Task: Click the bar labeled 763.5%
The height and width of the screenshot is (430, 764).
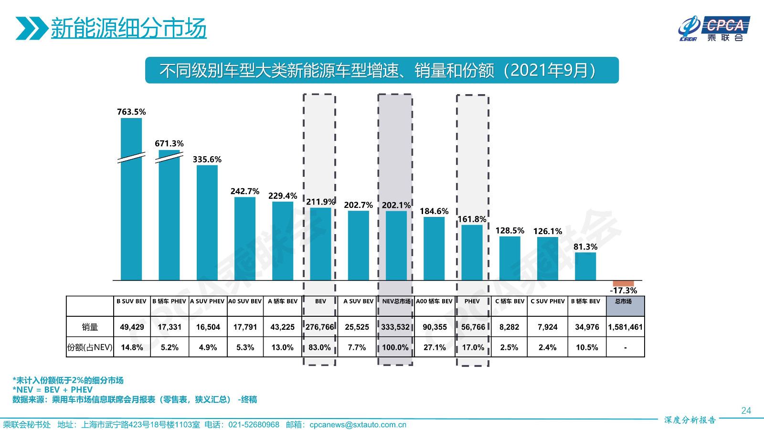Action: coord(131,201)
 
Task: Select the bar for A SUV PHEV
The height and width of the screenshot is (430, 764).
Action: coord(207,223)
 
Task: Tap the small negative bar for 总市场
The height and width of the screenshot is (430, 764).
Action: coord(623,283)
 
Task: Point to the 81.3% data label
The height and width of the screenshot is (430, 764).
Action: coord(585,247)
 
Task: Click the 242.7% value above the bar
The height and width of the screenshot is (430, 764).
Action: coord(245,192)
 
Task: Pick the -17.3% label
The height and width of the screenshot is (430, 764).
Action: coord(624,290)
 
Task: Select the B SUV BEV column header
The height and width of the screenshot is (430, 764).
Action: coord(131,301)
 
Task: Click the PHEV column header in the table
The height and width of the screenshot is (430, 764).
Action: coord(472,301)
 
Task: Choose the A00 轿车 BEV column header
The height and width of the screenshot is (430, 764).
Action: coord(434,301)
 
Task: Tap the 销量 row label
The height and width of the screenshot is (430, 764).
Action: coord(90,327)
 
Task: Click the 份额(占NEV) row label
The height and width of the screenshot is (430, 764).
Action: coord(90,347)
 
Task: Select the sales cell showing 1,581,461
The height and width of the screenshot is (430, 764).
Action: coord(626,327)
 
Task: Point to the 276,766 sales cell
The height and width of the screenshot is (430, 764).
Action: coord(320,327)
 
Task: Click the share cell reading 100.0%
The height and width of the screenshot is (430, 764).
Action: coord(395,347)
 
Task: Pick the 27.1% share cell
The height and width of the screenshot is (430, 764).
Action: coord(435,347)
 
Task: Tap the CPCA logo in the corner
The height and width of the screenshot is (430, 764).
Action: coord(714,29)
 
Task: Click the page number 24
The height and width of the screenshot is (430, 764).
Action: coord(746,410)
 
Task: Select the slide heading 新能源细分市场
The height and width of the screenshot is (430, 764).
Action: coord(128,28)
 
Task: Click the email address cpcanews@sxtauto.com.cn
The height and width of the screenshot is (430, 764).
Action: coord(358,425)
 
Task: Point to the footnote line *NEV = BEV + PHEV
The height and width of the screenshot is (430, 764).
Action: coord(53,390)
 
